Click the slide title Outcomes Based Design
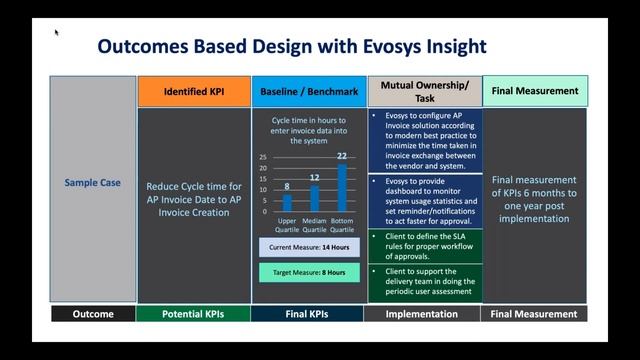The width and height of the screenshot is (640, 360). tap(291, 46)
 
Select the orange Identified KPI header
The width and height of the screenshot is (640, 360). tap(193, 91)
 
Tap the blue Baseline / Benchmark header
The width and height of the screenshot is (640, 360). tap(308, 91)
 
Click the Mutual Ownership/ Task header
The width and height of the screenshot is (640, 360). tap(424, 91)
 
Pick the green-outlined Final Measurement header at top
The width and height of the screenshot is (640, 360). tap(535, 91)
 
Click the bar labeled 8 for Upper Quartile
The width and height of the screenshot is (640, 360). tap(287, 203)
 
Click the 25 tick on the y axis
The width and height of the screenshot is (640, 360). tap(262, 158)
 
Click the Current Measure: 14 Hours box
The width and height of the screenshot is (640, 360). tap(308, 247)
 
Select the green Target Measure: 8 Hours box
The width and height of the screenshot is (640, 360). tap(308, 271)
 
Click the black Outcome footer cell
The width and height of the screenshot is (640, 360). tap(93, 314)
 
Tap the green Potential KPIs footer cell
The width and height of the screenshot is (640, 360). tap(193, 314)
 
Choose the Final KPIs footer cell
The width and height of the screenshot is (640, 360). tap(308, 314)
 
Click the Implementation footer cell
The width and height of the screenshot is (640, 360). tap(424, 314)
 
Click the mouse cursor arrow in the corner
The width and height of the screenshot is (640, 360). tap(57, 32)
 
